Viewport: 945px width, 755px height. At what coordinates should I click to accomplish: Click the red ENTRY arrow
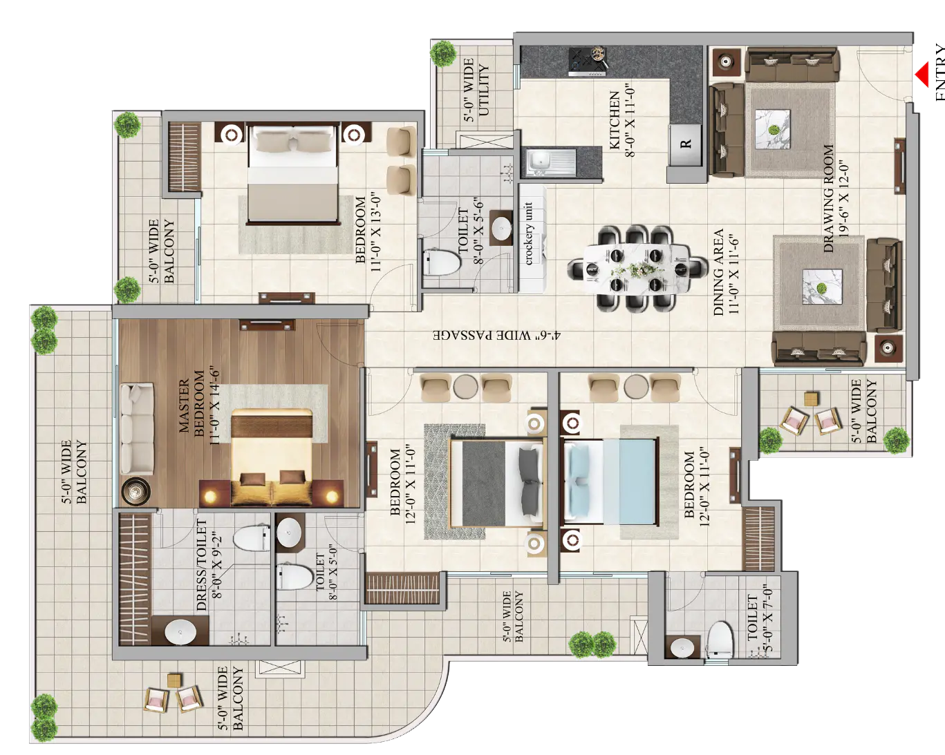point(922,75)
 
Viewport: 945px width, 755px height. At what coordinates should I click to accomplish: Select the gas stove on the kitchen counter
point(588,61)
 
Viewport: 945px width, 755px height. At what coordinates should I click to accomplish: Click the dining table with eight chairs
point(637,268)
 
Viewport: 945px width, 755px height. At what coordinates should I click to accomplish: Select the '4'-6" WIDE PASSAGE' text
point(497,336)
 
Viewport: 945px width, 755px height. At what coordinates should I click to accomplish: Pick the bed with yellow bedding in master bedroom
point(272,457)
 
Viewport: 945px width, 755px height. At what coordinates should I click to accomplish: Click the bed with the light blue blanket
point(610,482)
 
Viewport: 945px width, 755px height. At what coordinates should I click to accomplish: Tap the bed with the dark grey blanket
point(496,482)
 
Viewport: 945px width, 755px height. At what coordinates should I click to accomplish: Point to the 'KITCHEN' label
point(615,120)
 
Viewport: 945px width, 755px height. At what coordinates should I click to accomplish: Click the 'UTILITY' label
point(483,90)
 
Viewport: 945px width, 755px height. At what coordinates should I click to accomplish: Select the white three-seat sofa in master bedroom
point(137,429)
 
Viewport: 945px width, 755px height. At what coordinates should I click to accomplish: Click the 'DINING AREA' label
point(718,272)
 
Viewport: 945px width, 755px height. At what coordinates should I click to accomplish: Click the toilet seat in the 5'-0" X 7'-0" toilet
point(720,639)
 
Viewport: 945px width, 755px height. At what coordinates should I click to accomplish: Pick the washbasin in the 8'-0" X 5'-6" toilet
point(501,227)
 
